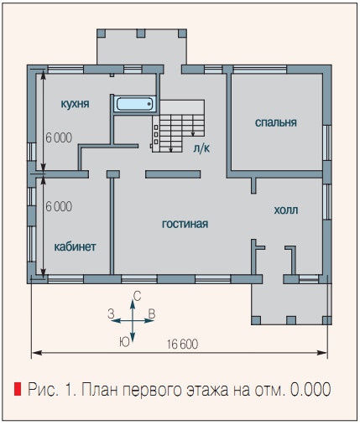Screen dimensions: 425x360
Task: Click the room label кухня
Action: (x=76, y=104)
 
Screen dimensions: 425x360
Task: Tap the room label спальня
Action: (x=276, y=122)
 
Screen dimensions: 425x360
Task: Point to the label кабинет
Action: (x=75, y=246)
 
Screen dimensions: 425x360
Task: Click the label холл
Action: (x=285, y=210)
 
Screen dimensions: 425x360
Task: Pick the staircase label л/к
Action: (x=201, y=148)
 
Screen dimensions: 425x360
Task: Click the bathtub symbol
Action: (x=133, y=105)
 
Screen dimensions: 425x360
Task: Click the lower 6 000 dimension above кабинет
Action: (x=58, y=206)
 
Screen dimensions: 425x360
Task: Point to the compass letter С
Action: (x=137, y=296)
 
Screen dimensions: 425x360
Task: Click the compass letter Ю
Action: (x=124, y=341)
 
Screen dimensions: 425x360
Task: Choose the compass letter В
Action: (x=151, y=313)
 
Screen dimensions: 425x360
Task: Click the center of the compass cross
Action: (x=130, y=319)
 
